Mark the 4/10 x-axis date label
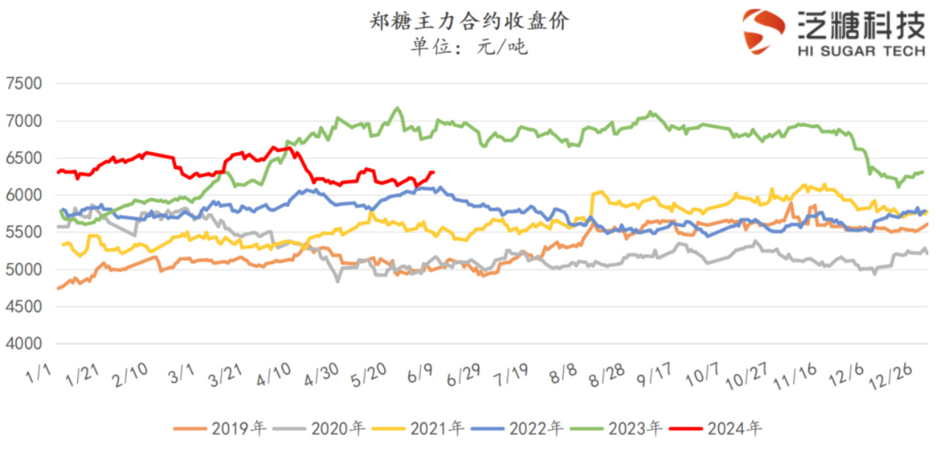point(273,376)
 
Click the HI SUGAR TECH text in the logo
point(860,50)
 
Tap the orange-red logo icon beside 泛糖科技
point(764,31)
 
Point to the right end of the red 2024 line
point(433,172)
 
